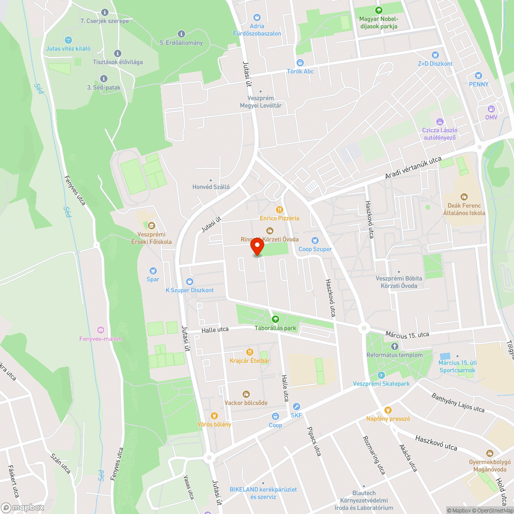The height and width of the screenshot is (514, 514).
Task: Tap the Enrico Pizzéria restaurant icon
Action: click(x=280, y=210)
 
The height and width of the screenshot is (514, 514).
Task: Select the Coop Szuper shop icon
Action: click(x=315, y=241)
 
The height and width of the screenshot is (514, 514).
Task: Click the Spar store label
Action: click(x=153, y=279)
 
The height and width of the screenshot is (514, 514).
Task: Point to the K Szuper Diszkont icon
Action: click(x=189, y=282)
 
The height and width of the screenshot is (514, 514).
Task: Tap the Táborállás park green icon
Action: click(x=275, y=319)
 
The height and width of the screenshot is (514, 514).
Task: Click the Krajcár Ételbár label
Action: click(x=250, y=360)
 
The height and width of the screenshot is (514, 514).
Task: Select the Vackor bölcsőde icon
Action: click(x=246, y=394)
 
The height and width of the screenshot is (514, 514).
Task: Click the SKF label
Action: click(x=296, y=415)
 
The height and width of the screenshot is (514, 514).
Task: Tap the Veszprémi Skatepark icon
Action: click(x=381, y=375)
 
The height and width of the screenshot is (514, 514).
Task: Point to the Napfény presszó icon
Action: click(x=388, y=410)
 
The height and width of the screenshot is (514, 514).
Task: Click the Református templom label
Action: click(x=395, y=355)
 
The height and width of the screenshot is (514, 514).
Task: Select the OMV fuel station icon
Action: click(x=491, y=108)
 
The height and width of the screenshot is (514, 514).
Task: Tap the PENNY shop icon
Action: click(x=479, y=75)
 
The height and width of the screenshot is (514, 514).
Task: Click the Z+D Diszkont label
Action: click(x=435, y=64)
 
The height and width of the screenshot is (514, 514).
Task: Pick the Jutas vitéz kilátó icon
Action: click(x=68, y=40)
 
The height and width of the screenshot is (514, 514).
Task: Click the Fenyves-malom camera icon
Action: click(x=101, y=329)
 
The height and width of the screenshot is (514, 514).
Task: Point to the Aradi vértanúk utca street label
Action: click(x=413, y=168)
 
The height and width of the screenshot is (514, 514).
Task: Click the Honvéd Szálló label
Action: click(x=210, y=187)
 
